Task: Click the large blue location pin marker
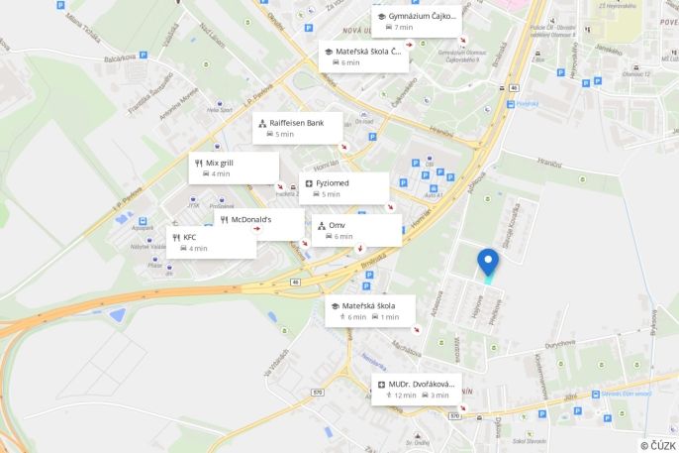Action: click(488, 262)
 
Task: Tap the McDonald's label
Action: click(251, 219)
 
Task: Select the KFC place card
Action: click(211, 243)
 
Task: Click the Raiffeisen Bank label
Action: click(296, 123)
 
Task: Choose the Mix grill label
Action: click(220, 162)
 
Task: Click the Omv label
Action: click(337, 225)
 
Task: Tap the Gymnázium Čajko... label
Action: click(422, 17)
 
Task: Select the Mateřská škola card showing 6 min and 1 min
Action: click(370, 311)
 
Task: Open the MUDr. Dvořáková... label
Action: click(421, 384)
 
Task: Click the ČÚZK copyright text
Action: click(657, 445)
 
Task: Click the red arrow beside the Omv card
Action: click(359, 248)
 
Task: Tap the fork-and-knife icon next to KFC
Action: click(176, 238)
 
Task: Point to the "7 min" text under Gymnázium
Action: click(403, 28)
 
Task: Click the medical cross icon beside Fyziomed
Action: click(309, 183)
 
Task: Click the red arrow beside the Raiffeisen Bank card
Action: click(343, 147)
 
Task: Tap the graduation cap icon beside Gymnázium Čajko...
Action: click(381, 17)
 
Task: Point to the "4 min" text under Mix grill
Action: click(221, 173)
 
